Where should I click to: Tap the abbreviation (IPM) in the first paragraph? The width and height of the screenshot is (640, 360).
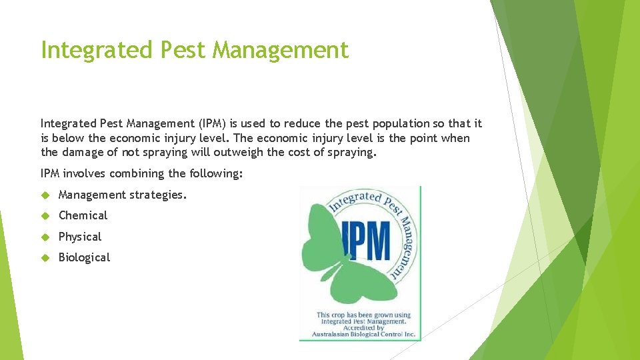click(208, 123)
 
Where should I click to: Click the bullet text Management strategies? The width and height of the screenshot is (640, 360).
click(123, 195)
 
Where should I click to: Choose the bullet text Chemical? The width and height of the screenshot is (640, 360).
click(83, 215)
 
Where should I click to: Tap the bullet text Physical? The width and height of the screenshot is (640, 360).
click(80, 237)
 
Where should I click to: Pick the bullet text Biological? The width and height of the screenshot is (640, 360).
click(84, 257)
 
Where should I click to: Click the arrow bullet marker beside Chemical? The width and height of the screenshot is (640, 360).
click(45, 215)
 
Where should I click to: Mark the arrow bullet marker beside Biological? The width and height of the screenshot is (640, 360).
click(45, 257)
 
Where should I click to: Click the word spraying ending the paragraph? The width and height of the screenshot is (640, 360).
click(353, 152)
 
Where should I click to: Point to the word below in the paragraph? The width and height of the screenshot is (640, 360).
click(68, 138)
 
